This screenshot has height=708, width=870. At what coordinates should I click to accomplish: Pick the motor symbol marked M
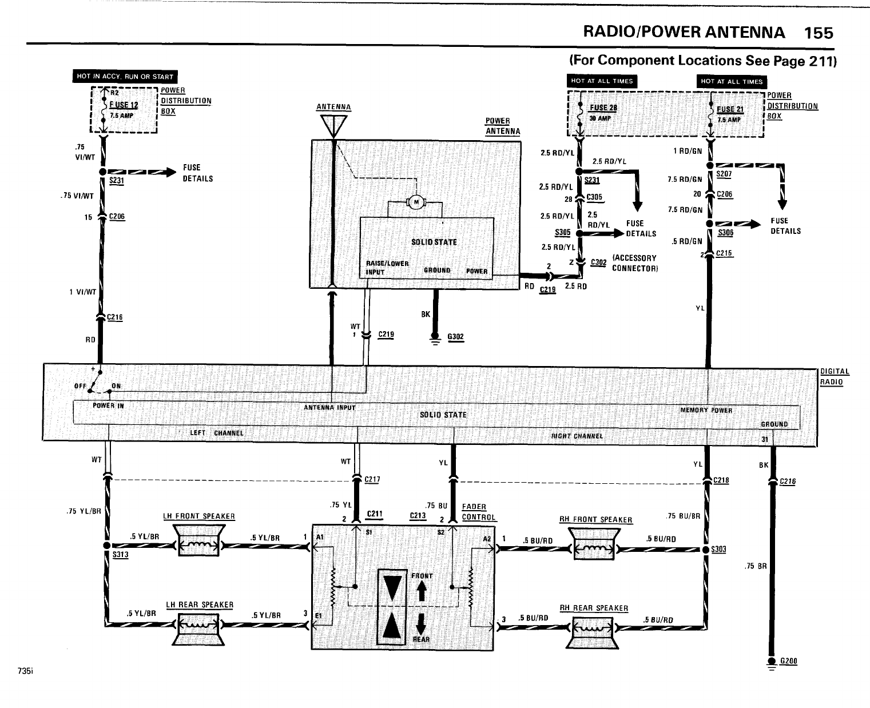click(x=416, y=201)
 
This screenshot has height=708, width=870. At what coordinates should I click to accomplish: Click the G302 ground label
click(x=455, y=337)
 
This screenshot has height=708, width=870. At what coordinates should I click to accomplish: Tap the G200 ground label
click(x=789, y=661)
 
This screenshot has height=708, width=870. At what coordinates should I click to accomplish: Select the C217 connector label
click(x=372, y=480)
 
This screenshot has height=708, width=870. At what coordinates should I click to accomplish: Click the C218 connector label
click(x=721, y=480)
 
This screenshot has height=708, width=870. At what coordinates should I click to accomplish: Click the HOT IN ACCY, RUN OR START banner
click(x=125, y=77)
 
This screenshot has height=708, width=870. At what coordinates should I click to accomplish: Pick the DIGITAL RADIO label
click(x=835, y=377)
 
